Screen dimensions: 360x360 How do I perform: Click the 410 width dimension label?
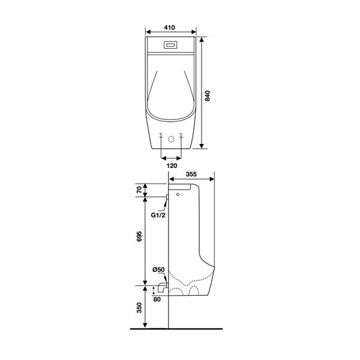[169, 28]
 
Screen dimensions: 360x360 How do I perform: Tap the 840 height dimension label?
[208, 96]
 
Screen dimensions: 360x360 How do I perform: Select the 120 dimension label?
[172, 166]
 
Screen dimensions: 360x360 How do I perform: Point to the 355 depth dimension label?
[191, 174]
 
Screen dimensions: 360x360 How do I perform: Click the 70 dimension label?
[139, 190]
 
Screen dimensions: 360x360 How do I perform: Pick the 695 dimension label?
[139, 236]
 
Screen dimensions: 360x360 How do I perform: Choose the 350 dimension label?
[139, 308]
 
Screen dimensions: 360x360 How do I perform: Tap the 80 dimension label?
[157, 299]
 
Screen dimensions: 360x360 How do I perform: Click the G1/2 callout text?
[158, 215]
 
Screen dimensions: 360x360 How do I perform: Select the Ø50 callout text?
[158, 269]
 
